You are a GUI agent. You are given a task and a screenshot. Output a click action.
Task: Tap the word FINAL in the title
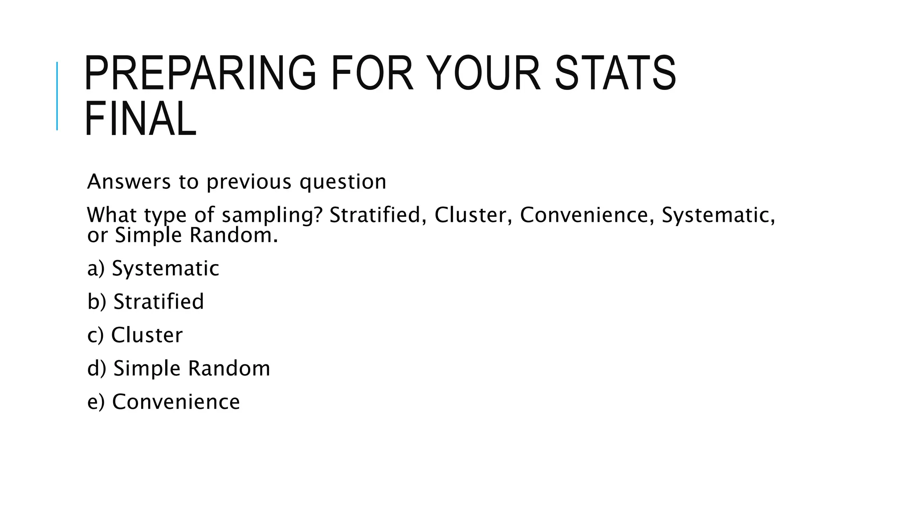click(140, 119)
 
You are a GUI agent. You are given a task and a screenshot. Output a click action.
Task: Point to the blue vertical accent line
click(57, 96)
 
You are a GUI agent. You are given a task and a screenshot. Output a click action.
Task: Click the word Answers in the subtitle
click(129, 182)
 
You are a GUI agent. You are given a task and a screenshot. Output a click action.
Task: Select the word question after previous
click(342, 182)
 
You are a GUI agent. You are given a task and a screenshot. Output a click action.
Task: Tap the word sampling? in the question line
click(272, 215)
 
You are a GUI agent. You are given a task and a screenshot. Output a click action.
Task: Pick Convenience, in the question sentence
click(587, 215)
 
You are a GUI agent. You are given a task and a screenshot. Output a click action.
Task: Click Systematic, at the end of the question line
click(718, 215)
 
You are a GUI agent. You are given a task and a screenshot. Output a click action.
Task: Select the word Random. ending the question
click(233, 235)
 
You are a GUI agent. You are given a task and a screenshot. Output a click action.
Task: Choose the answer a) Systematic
click(153, 268)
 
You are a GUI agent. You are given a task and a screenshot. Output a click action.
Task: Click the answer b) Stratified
click(146, 301)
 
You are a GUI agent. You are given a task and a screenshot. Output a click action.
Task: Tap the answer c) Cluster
click(135, 335)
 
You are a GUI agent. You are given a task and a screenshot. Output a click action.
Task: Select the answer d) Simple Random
click(179, 368)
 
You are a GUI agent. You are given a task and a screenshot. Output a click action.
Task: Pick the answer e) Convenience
click(163, 402)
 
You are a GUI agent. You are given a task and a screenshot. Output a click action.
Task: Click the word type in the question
click(165, 216)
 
